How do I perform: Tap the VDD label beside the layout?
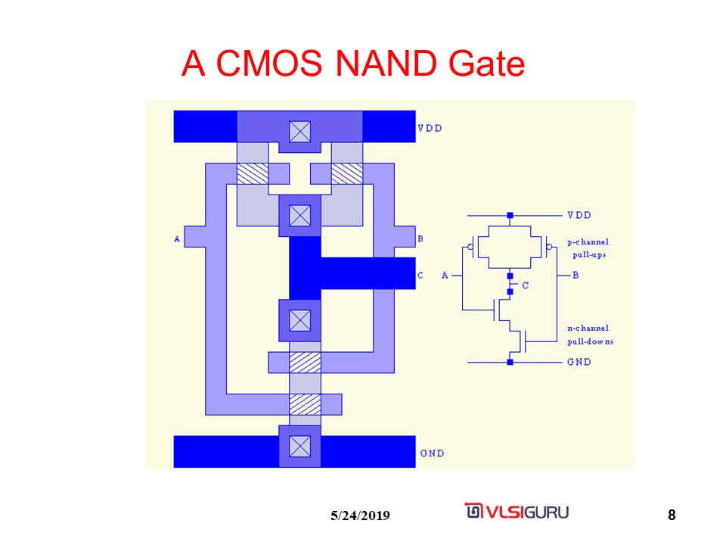(430, 128)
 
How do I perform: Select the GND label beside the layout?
(432, 453)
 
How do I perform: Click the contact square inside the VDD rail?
(300, 132)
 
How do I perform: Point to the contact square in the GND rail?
(300, 447)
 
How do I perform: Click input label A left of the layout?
(177, 239)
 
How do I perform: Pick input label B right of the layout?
(420, 239)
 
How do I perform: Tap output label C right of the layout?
(420, 276)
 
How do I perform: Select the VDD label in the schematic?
(579, 215)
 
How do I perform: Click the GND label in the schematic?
(579, 362)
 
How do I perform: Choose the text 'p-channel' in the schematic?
(588, 242)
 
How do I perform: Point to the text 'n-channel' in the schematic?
(588, 329)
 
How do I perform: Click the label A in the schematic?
(445, 275)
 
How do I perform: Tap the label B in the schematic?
(576, 275)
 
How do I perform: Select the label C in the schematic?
(525, 285)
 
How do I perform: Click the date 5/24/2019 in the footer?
(360, 516)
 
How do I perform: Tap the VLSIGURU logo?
(517, 511)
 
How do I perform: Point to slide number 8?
(672, 516)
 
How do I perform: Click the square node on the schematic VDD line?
(510, 216)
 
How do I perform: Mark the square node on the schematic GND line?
(510, 363)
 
